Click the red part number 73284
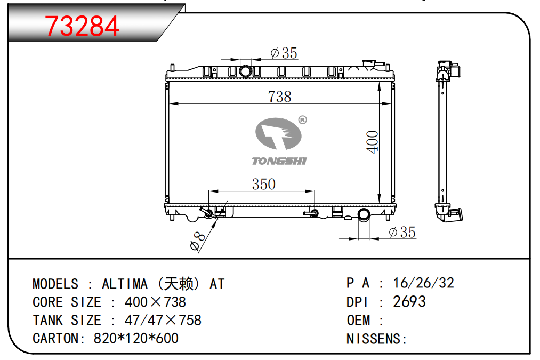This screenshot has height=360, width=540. (82, 26)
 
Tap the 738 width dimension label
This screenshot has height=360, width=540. (280, 97)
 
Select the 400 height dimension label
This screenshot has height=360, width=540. (372, 141)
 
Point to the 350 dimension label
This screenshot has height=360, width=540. (264, 184)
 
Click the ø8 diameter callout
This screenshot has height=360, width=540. (197, 241)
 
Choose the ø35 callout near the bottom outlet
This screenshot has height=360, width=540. (402, 232)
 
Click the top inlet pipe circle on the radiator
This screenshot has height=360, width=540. (246, 71)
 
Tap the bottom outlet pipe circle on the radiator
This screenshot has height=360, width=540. (364, 214)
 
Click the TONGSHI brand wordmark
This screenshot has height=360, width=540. (279, 161)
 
